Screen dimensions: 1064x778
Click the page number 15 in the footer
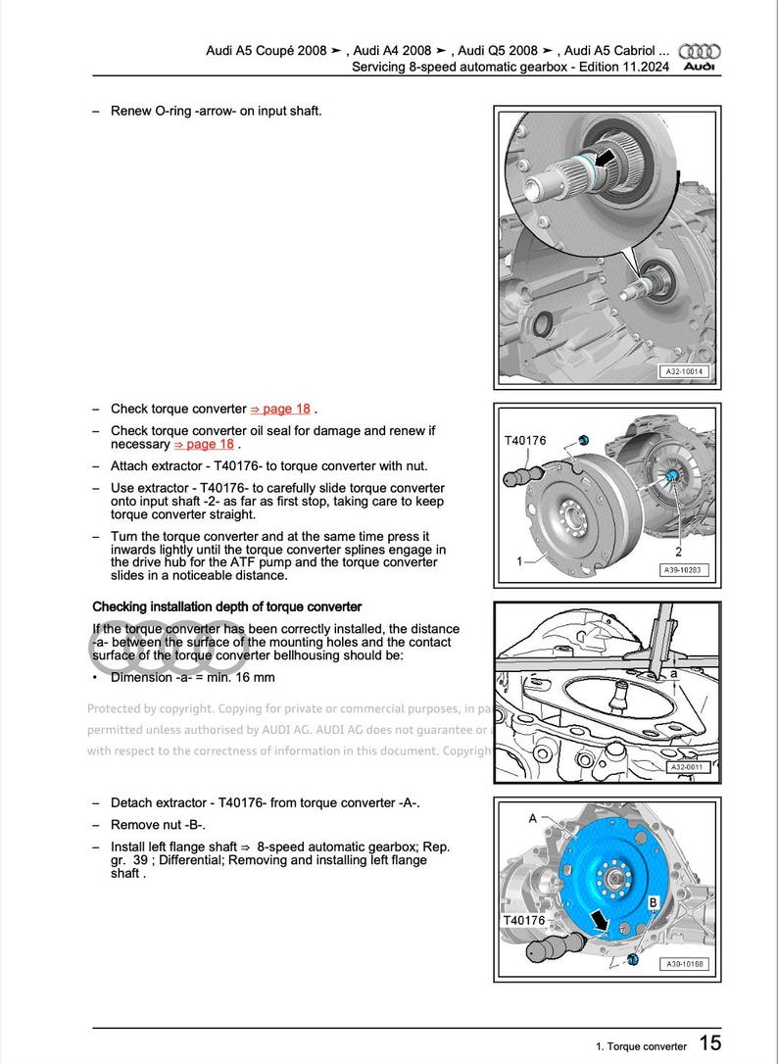pos(710,1044)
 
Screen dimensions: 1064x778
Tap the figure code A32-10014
pos(685,373)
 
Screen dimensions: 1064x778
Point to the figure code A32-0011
pos(688,767)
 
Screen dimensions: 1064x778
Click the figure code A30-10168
pos(685,964)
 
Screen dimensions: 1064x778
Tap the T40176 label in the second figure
pos(525,441)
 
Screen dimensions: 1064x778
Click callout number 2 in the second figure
pos(678,552)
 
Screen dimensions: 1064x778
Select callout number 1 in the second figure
pos(519,562)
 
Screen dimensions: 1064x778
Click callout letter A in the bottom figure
pos(533,816)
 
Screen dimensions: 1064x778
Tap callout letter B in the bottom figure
pos(653,900)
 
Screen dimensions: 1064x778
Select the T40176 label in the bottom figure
pos(524,921)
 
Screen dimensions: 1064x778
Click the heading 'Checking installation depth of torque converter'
pos(226,606)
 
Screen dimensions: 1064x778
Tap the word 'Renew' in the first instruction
pos(130,110)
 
